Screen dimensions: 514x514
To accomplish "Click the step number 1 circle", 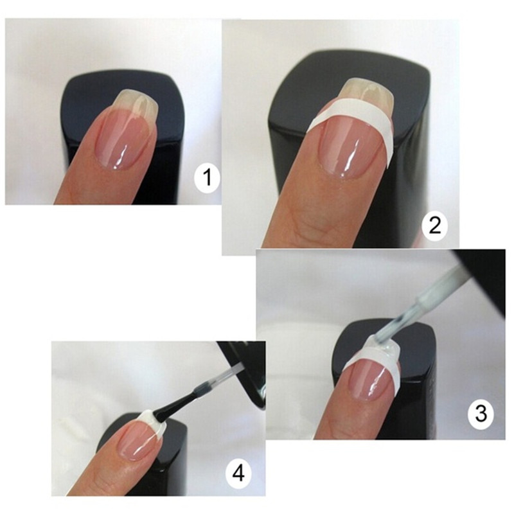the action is [207, 178].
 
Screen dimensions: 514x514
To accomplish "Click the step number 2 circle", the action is [435, 226].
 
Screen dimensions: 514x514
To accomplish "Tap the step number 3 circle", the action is [481, 414].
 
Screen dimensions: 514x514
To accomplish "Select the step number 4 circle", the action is [238, 474].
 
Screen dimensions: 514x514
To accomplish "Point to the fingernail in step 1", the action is [126, 128].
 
